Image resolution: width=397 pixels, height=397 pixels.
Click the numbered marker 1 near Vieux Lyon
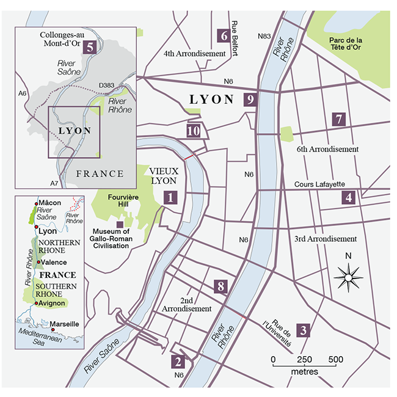(171, 197)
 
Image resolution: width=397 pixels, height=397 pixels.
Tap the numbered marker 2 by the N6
(178, 362)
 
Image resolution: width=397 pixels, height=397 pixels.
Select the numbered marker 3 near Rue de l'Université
(304, 330)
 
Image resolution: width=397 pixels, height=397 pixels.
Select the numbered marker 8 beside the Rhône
(221, 285)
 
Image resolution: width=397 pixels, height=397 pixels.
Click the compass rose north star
(346, 278)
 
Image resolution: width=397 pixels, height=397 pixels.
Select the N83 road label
(264, 36)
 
